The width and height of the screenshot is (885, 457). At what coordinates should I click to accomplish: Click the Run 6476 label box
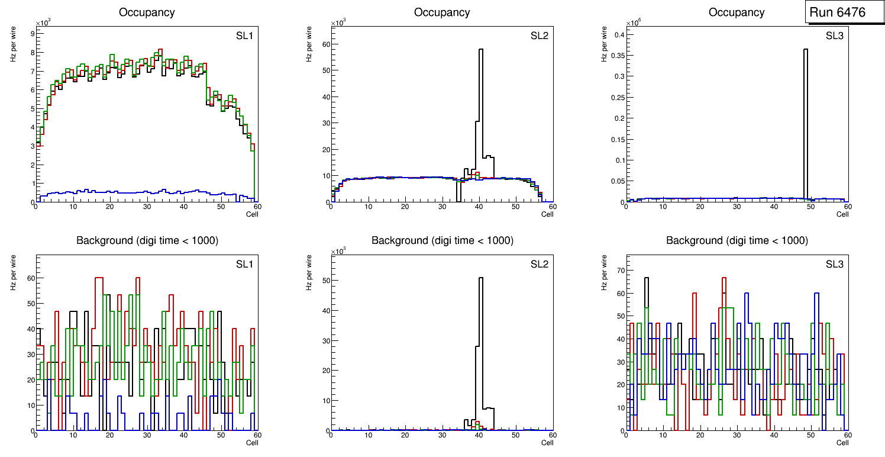[837, 12]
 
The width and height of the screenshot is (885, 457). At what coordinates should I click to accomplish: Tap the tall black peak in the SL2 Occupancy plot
[481, 53]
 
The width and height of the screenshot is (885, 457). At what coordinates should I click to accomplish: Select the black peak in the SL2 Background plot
[481, 281]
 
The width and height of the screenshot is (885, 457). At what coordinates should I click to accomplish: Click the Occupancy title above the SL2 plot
[442, 12]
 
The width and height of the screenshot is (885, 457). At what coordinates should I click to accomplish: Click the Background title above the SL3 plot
[737, 240]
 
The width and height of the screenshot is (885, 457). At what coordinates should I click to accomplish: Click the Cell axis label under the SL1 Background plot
[252, 443]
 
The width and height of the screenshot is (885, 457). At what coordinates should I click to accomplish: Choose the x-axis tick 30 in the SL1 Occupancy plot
[147, 207]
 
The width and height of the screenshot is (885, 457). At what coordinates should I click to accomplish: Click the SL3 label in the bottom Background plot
[834, 264]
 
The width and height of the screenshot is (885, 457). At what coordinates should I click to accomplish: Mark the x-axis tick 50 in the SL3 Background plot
[810, 435]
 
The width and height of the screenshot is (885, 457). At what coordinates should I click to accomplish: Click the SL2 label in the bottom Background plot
[540, 264]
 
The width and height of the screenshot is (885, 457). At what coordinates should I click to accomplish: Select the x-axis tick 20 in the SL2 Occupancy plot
[405, 207]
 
